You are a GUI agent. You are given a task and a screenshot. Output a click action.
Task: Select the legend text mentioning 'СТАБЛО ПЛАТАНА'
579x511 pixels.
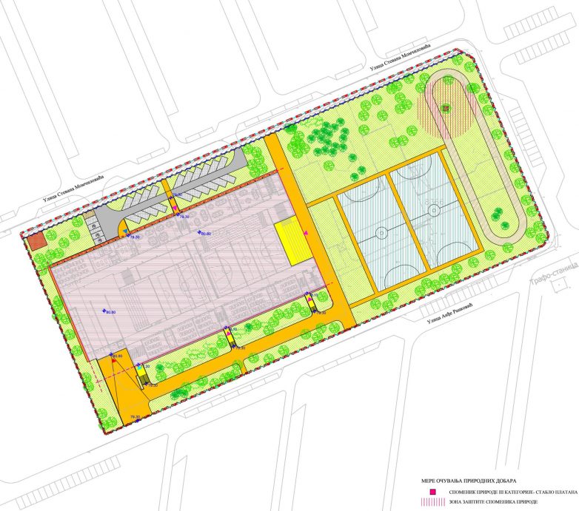coord(503,492)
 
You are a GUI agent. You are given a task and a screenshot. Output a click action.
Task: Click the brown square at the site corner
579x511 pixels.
coord(36,243)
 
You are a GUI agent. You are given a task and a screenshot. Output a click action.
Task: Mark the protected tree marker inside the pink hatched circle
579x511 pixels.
coord(445,109)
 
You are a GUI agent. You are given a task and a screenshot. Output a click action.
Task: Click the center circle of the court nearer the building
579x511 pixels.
coord(381,232)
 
